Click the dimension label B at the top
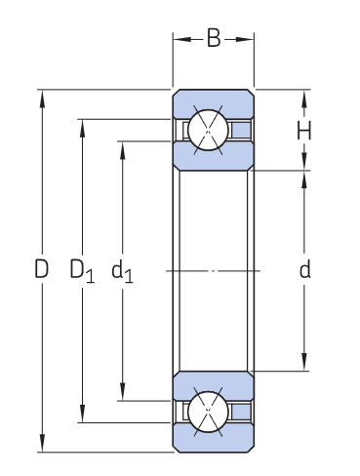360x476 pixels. tap(214, 39)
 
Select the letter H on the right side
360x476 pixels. tap(305, 130)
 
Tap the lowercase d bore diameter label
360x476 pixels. tap(305, 270)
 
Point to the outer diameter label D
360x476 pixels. tap(41, 270)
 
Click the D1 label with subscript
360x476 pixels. tap(82, 271)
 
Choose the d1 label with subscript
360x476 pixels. tap(122, 271)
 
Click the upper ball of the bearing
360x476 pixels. tap(209, 130)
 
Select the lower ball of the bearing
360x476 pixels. tap(209, 411)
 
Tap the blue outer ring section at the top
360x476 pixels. tap(214, 100)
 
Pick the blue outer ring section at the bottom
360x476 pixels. tap(214, 442)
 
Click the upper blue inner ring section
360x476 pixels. tap(214, 157)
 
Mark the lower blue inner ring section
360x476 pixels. tap(214, 382)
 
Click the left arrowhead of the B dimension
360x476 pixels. tap(180, 39)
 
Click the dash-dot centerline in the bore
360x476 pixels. tap(214, 270)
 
